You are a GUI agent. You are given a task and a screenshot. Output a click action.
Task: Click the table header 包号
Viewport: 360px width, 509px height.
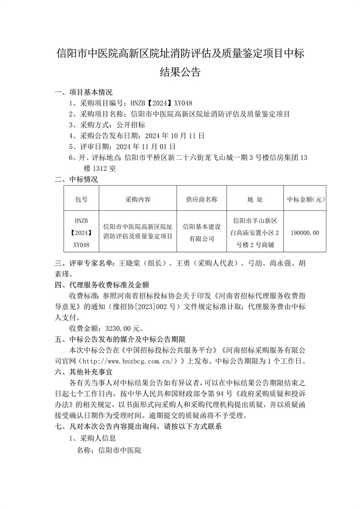pos(82,199)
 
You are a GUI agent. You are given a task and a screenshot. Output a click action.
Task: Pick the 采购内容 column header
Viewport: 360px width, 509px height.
pos(138,199)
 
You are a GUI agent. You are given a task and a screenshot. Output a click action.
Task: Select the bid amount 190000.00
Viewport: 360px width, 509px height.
pos(305,232)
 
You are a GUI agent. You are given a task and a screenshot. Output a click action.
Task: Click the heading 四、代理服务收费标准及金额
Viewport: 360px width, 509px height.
pos(102,285)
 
